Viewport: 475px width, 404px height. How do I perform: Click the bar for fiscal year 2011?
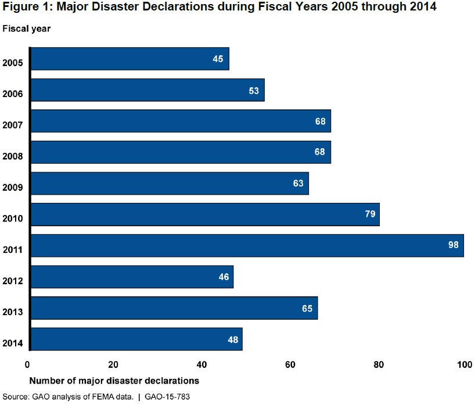[247, 245]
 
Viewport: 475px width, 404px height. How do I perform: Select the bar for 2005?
[129, 59]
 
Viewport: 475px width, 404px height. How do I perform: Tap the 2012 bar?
[132, 277]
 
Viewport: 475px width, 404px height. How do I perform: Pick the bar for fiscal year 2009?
[169, 183]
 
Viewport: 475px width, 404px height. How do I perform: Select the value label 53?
[253, 90]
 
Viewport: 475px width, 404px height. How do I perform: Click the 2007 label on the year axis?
[12, 125]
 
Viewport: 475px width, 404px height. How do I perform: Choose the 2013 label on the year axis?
[12, 312]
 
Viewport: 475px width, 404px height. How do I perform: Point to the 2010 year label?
[12, 219]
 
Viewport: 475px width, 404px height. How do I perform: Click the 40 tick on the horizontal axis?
[202, 365]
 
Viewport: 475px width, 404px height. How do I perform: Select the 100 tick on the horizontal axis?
[463, 365]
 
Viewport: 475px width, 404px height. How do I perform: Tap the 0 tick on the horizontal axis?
[27, 365]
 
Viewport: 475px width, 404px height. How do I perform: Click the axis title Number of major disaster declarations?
[114, 381]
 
